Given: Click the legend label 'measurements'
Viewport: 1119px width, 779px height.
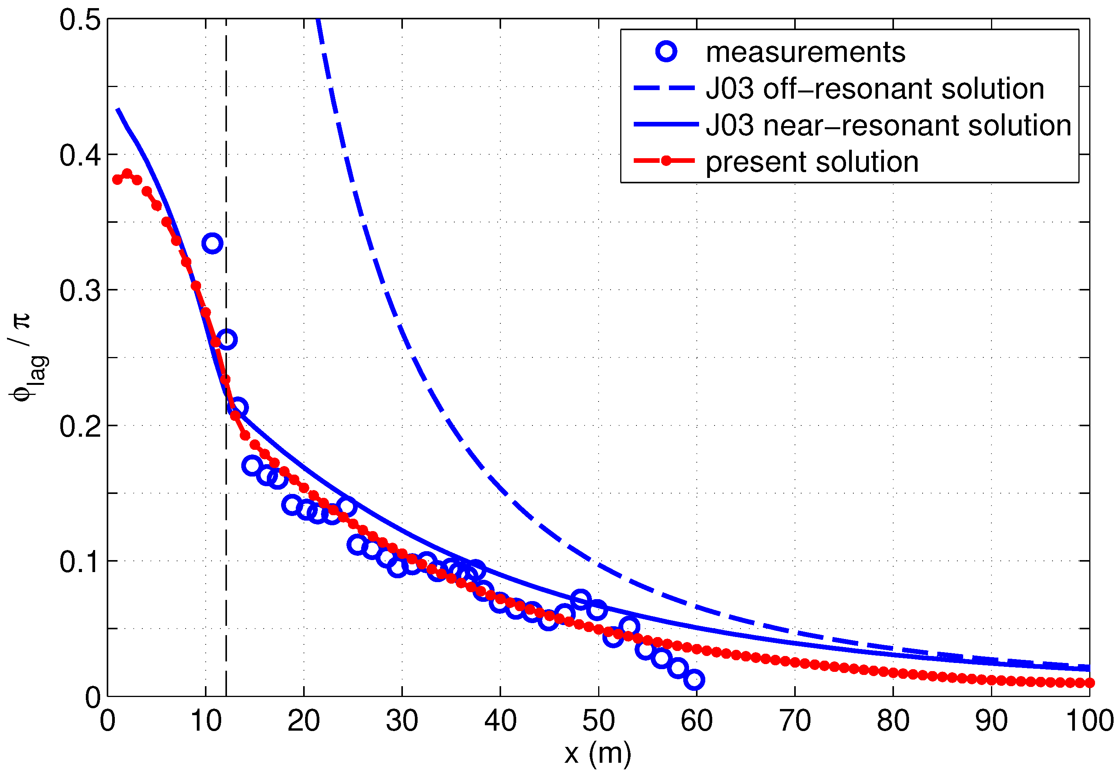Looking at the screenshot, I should pyautogui.click(x=805, y=52).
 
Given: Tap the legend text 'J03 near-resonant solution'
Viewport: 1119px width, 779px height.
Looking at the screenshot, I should pyautogui.click(x=888, y=125).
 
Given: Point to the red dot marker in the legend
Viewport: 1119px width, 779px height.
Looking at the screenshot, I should pyautogui.click(x=666, y=161).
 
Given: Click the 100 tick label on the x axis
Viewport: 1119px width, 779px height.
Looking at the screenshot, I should pyautogui.click(x=1090, y=721).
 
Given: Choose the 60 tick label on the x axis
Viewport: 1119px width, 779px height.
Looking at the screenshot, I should pyautogui.click(x=696, y=721).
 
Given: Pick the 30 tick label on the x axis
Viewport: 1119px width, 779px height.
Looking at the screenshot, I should pyautogui.click(x=402, y=721).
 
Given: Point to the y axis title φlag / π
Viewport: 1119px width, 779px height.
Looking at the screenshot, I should pyautogui.click(x=28, y=357).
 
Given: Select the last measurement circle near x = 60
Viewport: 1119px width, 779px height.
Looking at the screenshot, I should pyautogui.click(x=694, y=680).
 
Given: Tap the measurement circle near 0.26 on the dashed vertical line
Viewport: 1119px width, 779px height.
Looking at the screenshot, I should pyautogui.click(x=227, y=339).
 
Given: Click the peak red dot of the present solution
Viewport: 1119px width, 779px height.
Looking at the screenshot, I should pyautogui.click(x=127, y=174).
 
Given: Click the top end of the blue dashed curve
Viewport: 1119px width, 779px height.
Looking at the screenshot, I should pyautogui.click(x=318, y=20).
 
